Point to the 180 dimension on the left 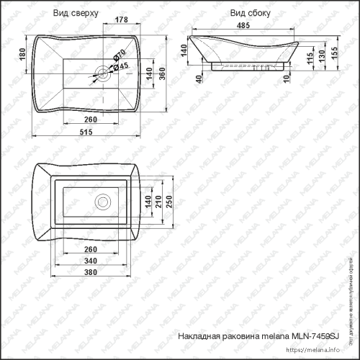click(22, 53)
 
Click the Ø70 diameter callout click(120, 54)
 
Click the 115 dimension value click(310, 60)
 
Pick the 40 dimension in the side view click(198, 77)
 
